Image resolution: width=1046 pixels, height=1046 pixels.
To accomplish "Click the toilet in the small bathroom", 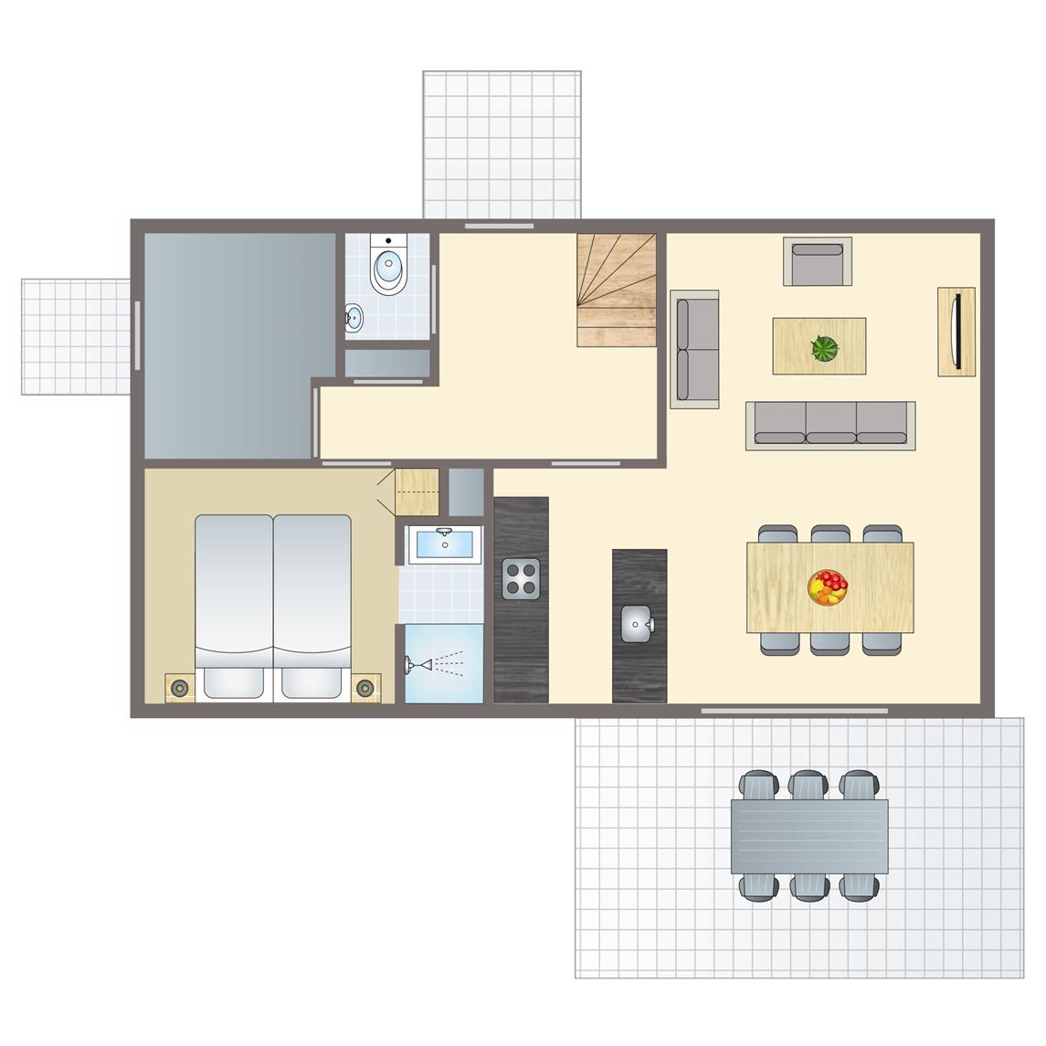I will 389,267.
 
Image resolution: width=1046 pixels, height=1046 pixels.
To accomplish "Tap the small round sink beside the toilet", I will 354,318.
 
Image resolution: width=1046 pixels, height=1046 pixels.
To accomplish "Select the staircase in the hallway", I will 617,290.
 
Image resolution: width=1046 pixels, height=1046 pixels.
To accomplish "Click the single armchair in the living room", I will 817,262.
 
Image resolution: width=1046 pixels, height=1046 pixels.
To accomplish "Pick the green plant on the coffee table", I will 824,348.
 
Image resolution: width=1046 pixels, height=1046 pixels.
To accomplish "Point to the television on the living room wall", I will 956,331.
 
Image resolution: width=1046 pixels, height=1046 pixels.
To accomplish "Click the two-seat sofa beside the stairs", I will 694,348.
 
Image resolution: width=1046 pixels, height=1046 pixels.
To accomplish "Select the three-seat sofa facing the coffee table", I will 830,426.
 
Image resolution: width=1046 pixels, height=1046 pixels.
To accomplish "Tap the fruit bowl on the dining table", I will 828,587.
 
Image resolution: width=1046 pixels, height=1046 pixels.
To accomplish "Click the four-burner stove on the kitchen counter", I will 522,578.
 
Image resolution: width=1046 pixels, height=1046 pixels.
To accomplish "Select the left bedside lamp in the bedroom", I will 179,688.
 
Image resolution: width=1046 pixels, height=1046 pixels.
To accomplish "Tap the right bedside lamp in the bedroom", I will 365,688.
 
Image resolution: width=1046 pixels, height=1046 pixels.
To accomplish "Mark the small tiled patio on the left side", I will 77,336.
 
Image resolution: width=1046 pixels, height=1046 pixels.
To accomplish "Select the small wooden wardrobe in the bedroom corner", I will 417,491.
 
